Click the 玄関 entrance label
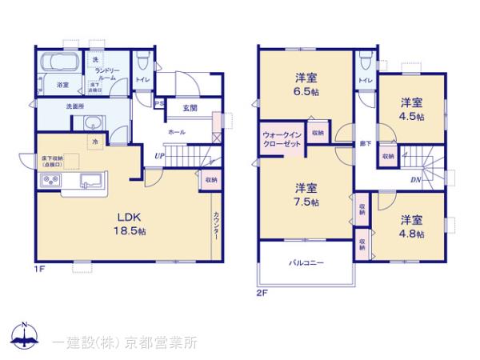(190, 108)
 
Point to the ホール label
(177, 130)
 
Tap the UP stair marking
(159, 155)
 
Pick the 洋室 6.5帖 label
(306, 85)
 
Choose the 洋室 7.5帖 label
(306, 194)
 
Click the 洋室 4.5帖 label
(413, 109)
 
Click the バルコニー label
(306, 264)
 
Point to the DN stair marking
(417, 179)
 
